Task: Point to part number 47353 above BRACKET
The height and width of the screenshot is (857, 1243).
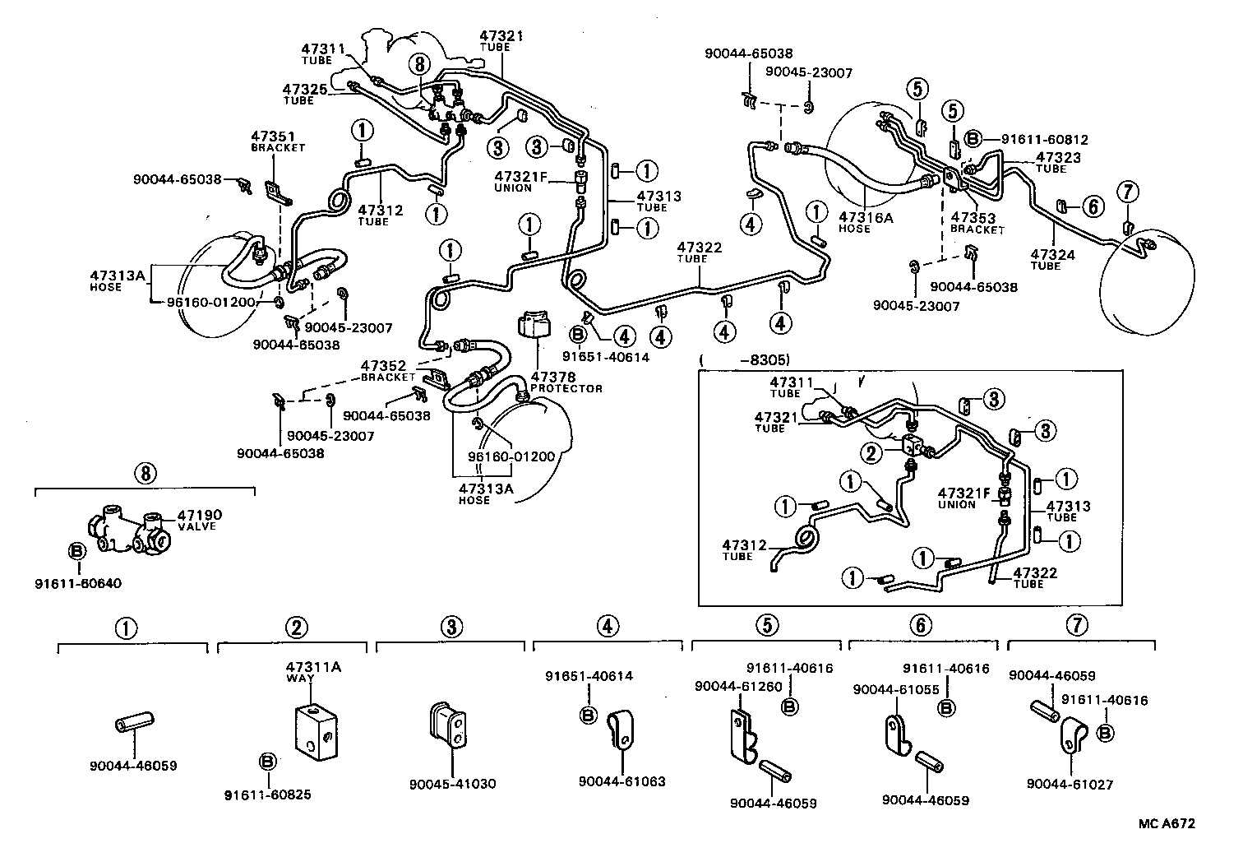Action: pyautogui.click(x=973, y=219)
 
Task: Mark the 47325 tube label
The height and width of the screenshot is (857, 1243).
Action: pyautogui.click(x=303, y=89)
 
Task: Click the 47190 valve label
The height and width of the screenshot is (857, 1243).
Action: pyautogui.click(x=200, y=516)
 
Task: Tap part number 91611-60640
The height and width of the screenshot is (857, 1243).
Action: pyautogui.click(x=78, y=583)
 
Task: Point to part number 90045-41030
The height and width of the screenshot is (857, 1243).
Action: pyautogui.click(x=452, y=784)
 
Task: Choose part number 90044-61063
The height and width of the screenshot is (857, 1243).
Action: pyautogui.click(x=621, y=781)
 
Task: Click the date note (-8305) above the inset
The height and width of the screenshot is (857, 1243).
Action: pyautogui.click(x=744, y=359)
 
